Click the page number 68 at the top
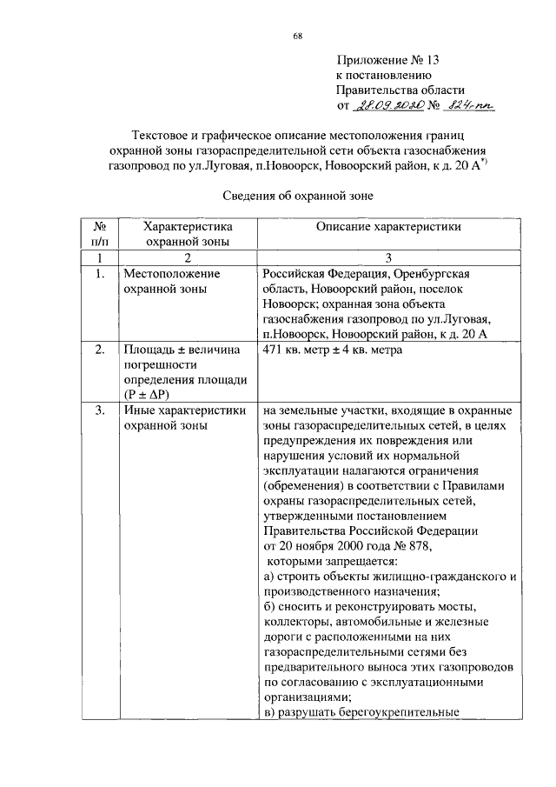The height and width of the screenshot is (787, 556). pos(298,36)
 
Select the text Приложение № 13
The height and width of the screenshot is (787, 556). pos(388,60)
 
